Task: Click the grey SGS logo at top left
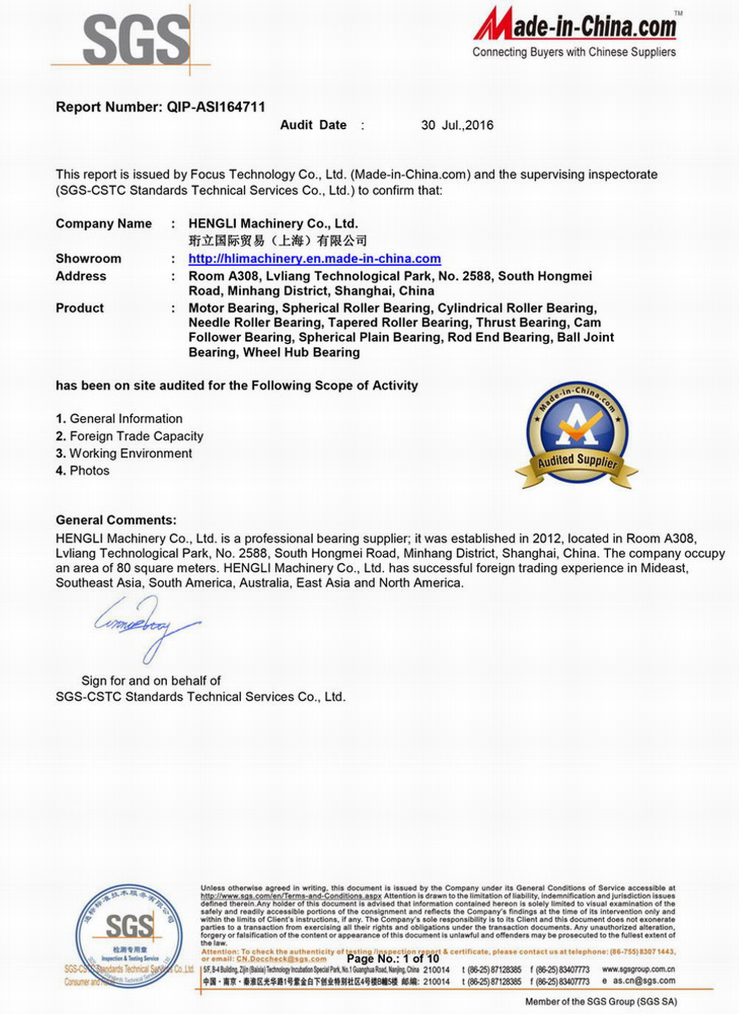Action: pyautogui.click(x=136, y=40)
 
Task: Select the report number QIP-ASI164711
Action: pyautogui.click(x=216, y=107)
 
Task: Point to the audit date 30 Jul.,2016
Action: pyautogui.click(x=457, y=125)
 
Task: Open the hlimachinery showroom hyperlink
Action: pyautogui.click(x=314, y=259)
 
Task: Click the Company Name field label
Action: pyautogui.click(x=103, y=224)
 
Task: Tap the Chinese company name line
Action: pyautogui.click(x=277, y=240)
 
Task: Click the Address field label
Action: pyautogui.click(x=81, y=276)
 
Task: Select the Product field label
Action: pyautogui.click(x=80, y=308)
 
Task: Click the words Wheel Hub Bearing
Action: pyautogui.click(x=302, y=352)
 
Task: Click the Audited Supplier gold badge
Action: pyautogui.click(x=577, y=434)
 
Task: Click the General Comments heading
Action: pyautogui.click(x=116, y=520)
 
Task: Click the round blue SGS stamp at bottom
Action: pyautogui.click(x=129, y=935)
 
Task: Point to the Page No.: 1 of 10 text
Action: pyautogui.click(x=393, y=959)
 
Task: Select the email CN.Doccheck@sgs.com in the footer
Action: pyautogui.click(x=281, y=959)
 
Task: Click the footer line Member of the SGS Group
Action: pyautogui.click(x=601, y=1001)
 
